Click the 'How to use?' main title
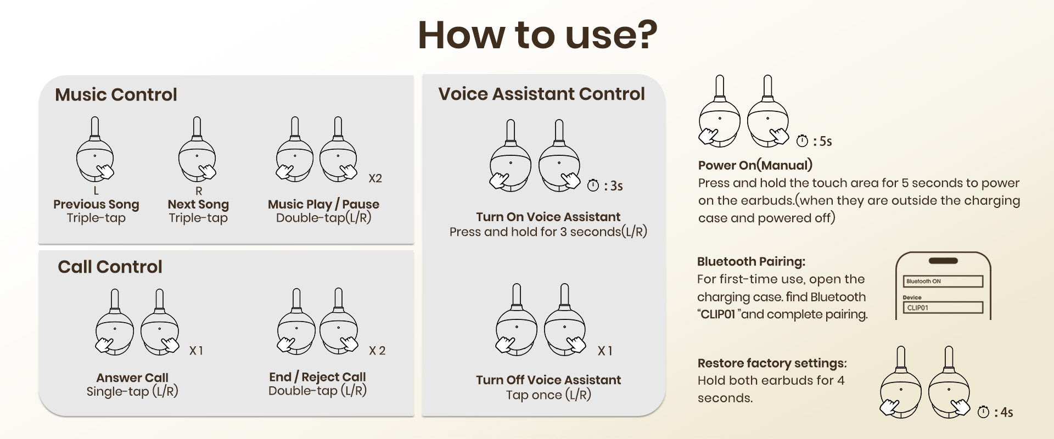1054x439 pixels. point(537,35)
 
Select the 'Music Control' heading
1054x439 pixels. point(116,94)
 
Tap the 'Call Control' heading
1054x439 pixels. point(110,267)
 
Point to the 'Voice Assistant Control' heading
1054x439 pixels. point(541,94)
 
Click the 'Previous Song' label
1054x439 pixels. point(96,204)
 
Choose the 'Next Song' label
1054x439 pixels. point(198,204)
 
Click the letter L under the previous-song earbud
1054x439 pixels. point(96,190)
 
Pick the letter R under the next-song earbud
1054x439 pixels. point(199,190)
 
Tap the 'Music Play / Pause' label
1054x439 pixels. point(323,204)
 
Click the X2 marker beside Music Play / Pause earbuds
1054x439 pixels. point(375,178)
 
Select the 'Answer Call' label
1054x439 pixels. point(132,378)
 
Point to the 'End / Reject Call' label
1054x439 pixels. point(317,377)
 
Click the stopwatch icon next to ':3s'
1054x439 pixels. point(593,185)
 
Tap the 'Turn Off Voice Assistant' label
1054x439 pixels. point(548,380)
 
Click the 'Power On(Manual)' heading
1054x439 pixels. point(755,165)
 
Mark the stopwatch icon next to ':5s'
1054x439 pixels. point(802,141)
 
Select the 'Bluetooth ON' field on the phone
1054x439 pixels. point(943,282)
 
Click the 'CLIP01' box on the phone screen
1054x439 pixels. point(943,307)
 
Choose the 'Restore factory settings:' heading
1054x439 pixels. point(772,363)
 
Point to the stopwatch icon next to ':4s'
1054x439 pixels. point(984,412)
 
